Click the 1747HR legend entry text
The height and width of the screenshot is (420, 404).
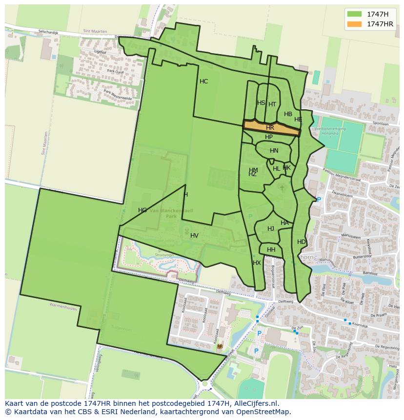pos(380,24)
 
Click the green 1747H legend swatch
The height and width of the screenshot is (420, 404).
pos(354,14)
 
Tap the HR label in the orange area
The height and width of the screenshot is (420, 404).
pos(270,128)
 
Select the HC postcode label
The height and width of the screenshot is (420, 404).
pos(203,81)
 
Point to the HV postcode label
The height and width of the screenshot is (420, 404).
pos(194,236)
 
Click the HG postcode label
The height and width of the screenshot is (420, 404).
pos(142,210)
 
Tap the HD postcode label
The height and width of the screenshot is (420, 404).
pos(301,242)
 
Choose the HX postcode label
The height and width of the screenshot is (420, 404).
pos(257,263)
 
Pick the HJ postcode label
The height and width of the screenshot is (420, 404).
pos(271,229)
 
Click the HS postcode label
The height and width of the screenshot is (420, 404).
pos(261,103)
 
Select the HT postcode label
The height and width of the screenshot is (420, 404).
pos(272,104)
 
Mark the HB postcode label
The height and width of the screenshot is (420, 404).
pos(288,115)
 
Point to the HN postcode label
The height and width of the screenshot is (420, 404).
pos(274,151)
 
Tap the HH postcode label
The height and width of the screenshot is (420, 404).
pos(271,250)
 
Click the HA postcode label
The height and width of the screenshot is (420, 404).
pos(284,223)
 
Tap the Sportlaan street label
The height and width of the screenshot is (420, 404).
pos(380,124)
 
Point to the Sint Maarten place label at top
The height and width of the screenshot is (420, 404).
pos(95,31)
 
